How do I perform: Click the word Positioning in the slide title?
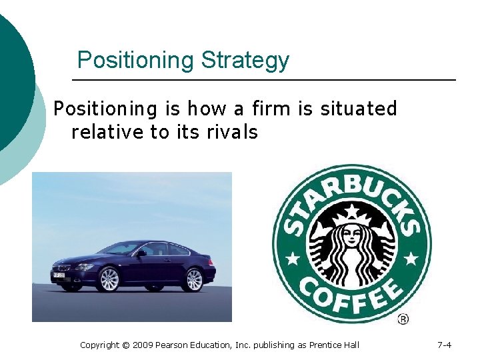[x=135, y=61]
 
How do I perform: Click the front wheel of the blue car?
[x=108, y=279]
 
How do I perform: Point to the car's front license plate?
[x=58, y=275]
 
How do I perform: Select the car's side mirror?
[x=142, y=253]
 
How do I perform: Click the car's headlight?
[x=83, y=267]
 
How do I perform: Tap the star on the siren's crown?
[x=352, y=212]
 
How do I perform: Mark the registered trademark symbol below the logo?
[x=403, y=319]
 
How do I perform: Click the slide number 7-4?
[x=444, y=345]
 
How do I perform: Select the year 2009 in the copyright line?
[x=144, y=345]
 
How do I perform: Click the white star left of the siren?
[x=291, y=256]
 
